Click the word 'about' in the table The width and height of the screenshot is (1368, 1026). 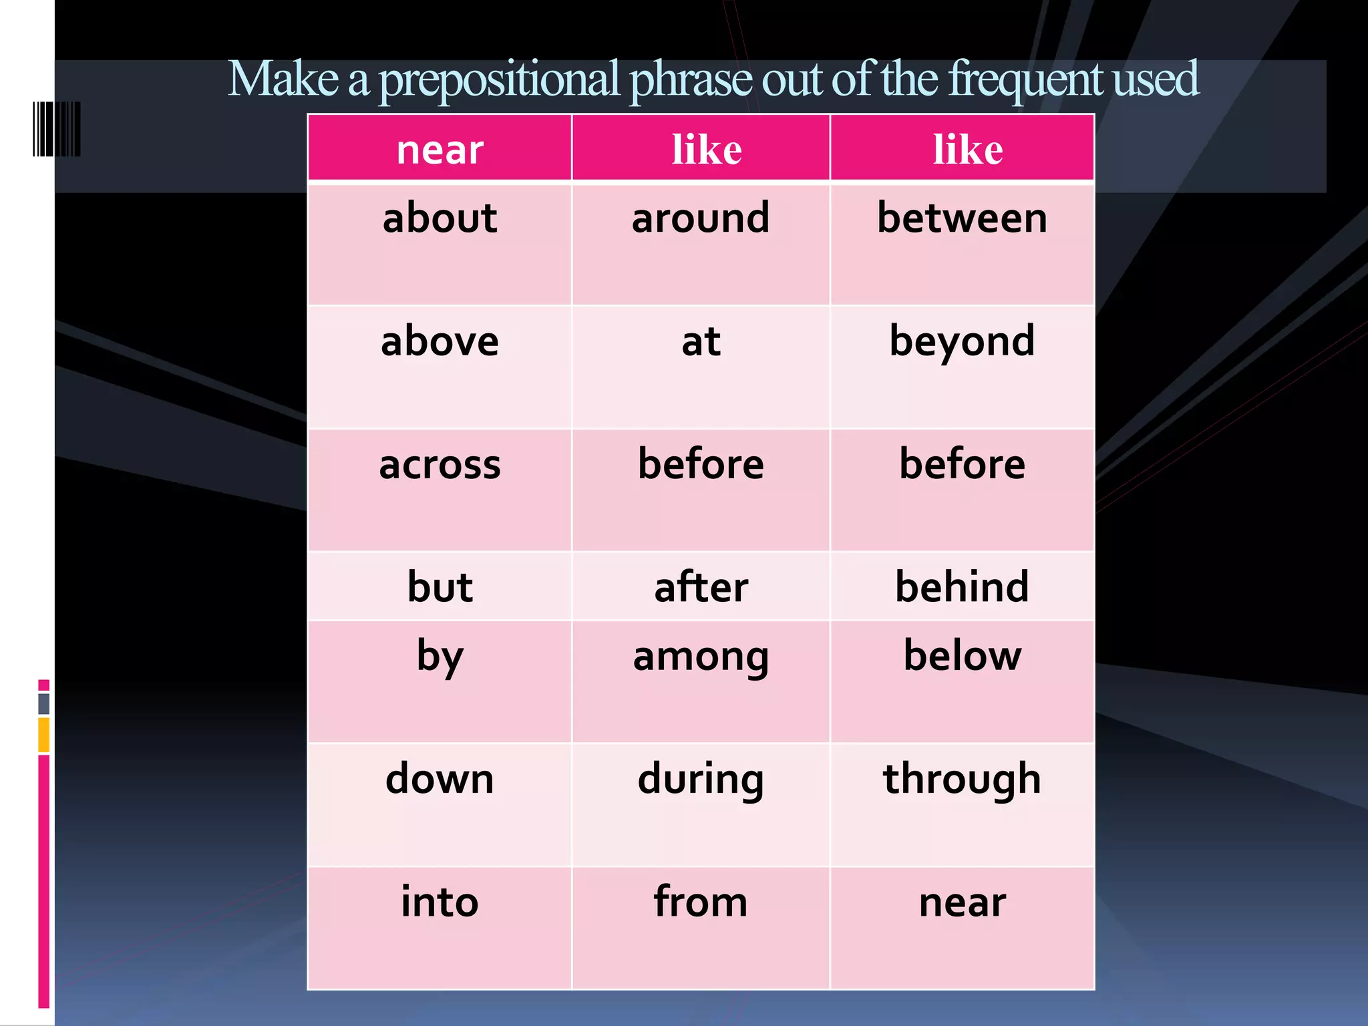pyautogui.click(x=440, y=218)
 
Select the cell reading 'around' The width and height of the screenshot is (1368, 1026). pyautogui.click(x=701, y=218)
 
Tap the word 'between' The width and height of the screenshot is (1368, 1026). pyautogui.click(x=962, y=218)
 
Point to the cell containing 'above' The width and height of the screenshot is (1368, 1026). pyautogui.click(x=440, y=341)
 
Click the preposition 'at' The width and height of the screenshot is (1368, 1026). pyautogui.click(x=701, y=341)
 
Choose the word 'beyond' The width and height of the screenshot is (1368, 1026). pyautogui.click(x=962, y=341)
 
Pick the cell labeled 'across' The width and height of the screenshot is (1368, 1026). pyautogui.click(x=440, y=465)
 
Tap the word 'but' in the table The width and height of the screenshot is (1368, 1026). pyautogui.click(x=440, y=587)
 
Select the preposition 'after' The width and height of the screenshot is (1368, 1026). pyautogui.click(x=701, y=587)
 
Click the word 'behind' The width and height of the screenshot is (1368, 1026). pyautogui.click(x=962, y=587)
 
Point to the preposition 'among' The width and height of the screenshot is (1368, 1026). pyautogui.click(x=701, y=657)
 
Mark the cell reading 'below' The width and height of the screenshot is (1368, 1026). pyautogui.click(x=962, y=656)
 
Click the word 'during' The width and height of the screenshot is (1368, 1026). pyautogui.click(x=701, y=780)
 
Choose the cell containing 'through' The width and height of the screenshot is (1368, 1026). pyautogui.click(x=962, y=780)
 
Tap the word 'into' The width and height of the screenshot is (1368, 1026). pyautogui.click(x=440, y=902)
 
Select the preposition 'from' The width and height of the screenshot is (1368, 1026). pyautogui.click(x=701, y=902)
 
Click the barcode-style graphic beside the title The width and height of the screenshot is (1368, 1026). pyautogui.click(x=57, y=129)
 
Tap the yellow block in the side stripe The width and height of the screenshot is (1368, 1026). pyautogui.click(x=44, y=735)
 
